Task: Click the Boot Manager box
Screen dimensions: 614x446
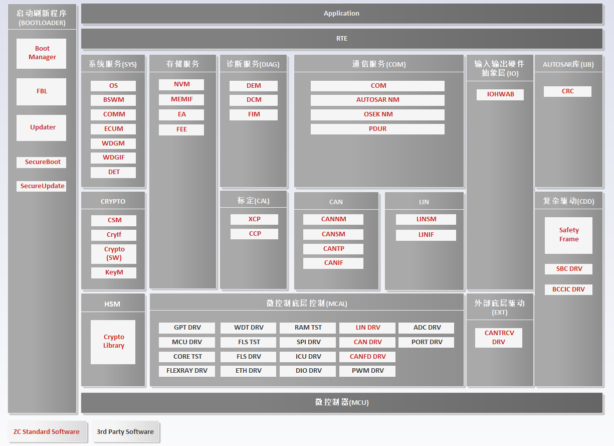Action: coord(41,53)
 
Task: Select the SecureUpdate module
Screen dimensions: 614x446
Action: coord(41,186)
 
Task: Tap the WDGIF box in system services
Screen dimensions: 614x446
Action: coord(113,158)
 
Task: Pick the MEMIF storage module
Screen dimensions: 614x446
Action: coord(181,99)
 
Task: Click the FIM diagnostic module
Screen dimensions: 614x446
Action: coord(254,115)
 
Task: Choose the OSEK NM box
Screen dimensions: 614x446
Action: coord(377,115)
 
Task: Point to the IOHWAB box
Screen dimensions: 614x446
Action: coord(500,95)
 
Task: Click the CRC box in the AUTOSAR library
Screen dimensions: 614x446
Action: coord(567,91)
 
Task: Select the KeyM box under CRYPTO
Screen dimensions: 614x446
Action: coord(114,272)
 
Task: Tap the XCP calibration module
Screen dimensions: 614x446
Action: coord(254,219)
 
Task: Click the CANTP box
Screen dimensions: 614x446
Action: coord(333,249)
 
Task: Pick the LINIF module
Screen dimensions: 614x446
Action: coord(426,235)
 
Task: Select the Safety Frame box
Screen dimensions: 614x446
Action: coord(568,235)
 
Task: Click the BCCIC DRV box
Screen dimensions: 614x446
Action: coord(568,289)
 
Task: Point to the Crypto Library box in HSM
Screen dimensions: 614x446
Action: coord(113,342)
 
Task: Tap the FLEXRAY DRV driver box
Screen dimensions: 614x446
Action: coord(186,371)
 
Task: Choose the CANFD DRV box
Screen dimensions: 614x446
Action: coord(367,357)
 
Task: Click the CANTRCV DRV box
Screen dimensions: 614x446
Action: coord(499,338)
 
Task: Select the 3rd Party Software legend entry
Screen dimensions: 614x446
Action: coord(125,432)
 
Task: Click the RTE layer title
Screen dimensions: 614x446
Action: coord(342,39)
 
